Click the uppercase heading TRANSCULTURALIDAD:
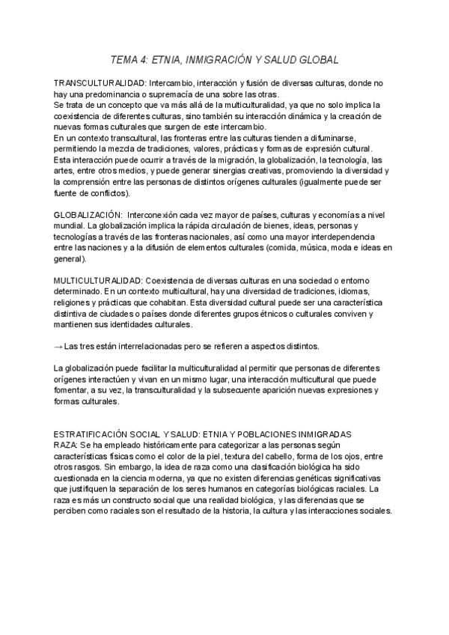pyautogui.click(x=100, y=82)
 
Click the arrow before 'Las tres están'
pyautogui.click(x=58, y=346)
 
